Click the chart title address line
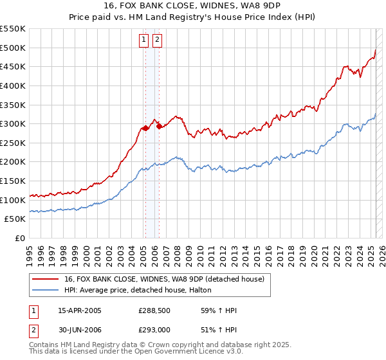[x=192, y=5]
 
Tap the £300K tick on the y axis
[x=13, y=123]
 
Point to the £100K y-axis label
[x=13, y=200]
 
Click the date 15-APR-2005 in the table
[x=79, y=310]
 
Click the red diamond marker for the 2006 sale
[x=159, y=126]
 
